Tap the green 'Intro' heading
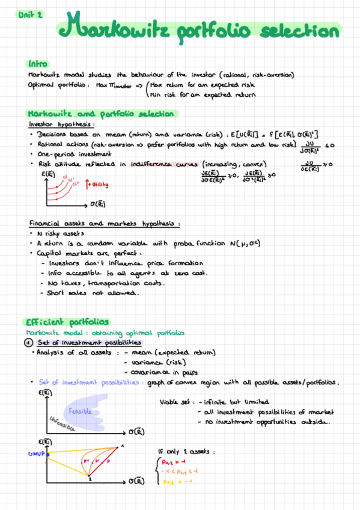pyautogui.click(x=38, y=64)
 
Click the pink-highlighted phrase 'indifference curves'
pyautogui.click(x=163, y=164)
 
